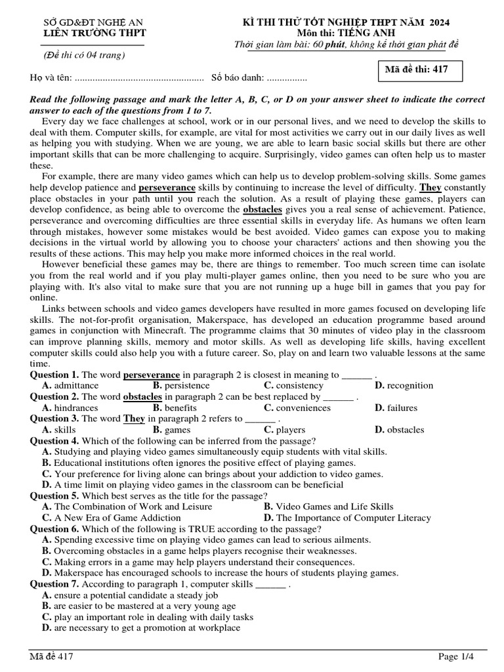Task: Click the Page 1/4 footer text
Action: click(x=455, y=656)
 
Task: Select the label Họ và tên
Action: click(x=51, y=78)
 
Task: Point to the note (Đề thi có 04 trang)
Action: click(x=84, y=54)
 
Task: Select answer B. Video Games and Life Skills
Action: click(x=328, y=506)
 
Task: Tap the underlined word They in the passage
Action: click(x=430, y=187)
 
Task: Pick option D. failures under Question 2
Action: click(x=396, y=408)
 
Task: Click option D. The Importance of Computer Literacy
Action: click(x=347, y=517)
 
